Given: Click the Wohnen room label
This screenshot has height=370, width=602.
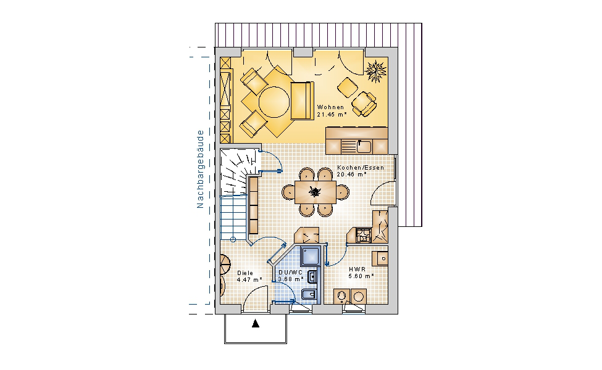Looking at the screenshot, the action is (330, 107).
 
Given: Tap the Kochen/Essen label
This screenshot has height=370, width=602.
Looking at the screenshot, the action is (361, 168).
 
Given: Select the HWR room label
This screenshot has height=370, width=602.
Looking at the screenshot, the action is (357, 269).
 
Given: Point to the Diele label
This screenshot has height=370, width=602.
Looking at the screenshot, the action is (245, 273).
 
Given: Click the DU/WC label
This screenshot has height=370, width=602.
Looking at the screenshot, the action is (291, 273).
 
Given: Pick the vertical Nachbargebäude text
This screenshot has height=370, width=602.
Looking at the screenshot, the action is (200, 169).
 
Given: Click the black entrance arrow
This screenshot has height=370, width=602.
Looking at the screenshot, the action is (256, 324).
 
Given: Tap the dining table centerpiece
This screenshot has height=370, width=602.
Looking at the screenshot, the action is (315, 191).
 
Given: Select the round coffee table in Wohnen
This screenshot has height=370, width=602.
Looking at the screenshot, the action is (274, 102).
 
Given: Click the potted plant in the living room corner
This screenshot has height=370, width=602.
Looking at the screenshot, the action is (375, 70).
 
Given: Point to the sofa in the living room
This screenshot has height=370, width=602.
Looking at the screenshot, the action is (302, 101).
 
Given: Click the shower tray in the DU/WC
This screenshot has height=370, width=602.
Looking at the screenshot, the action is (311, 256).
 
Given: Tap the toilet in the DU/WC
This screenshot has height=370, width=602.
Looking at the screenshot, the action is (309, 295).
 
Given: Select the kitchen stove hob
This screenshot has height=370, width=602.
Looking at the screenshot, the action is (363, 235).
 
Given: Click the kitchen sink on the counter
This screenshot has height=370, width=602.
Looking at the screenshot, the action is (364, 146).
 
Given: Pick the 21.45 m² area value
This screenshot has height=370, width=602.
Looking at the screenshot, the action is (332, 114).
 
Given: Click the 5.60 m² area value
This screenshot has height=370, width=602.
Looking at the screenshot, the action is (361, 276).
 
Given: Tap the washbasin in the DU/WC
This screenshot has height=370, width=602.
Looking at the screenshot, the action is (312, 277).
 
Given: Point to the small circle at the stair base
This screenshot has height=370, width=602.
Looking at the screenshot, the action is (233, 240).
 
